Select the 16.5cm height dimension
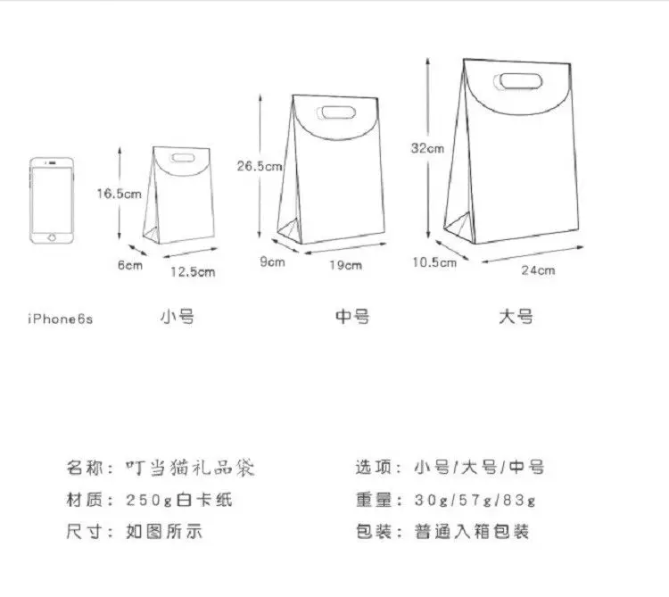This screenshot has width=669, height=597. (x=120, y=194)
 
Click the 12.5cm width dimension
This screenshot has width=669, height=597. (x=194, y=271)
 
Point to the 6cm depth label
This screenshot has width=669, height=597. (x=129, y=265)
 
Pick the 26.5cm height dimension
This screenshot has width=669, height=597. (x=260, y=166)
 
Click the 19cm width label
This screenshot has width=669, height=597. (x=346, y=265)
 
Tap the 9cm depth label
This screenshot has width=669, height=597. (x=272, y=261)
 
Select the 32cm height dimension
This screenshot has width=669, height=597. (x=428, y=149)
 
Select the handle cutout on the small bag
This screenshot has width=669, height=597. (x=184, y=159)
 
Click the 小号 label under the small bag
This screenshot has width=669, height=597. (x=177, y=316)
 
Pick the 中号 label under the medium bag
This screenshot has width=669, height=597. (x=352, y=316)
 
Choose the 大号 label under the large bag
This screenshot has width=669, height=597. (x=516, y=316)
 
